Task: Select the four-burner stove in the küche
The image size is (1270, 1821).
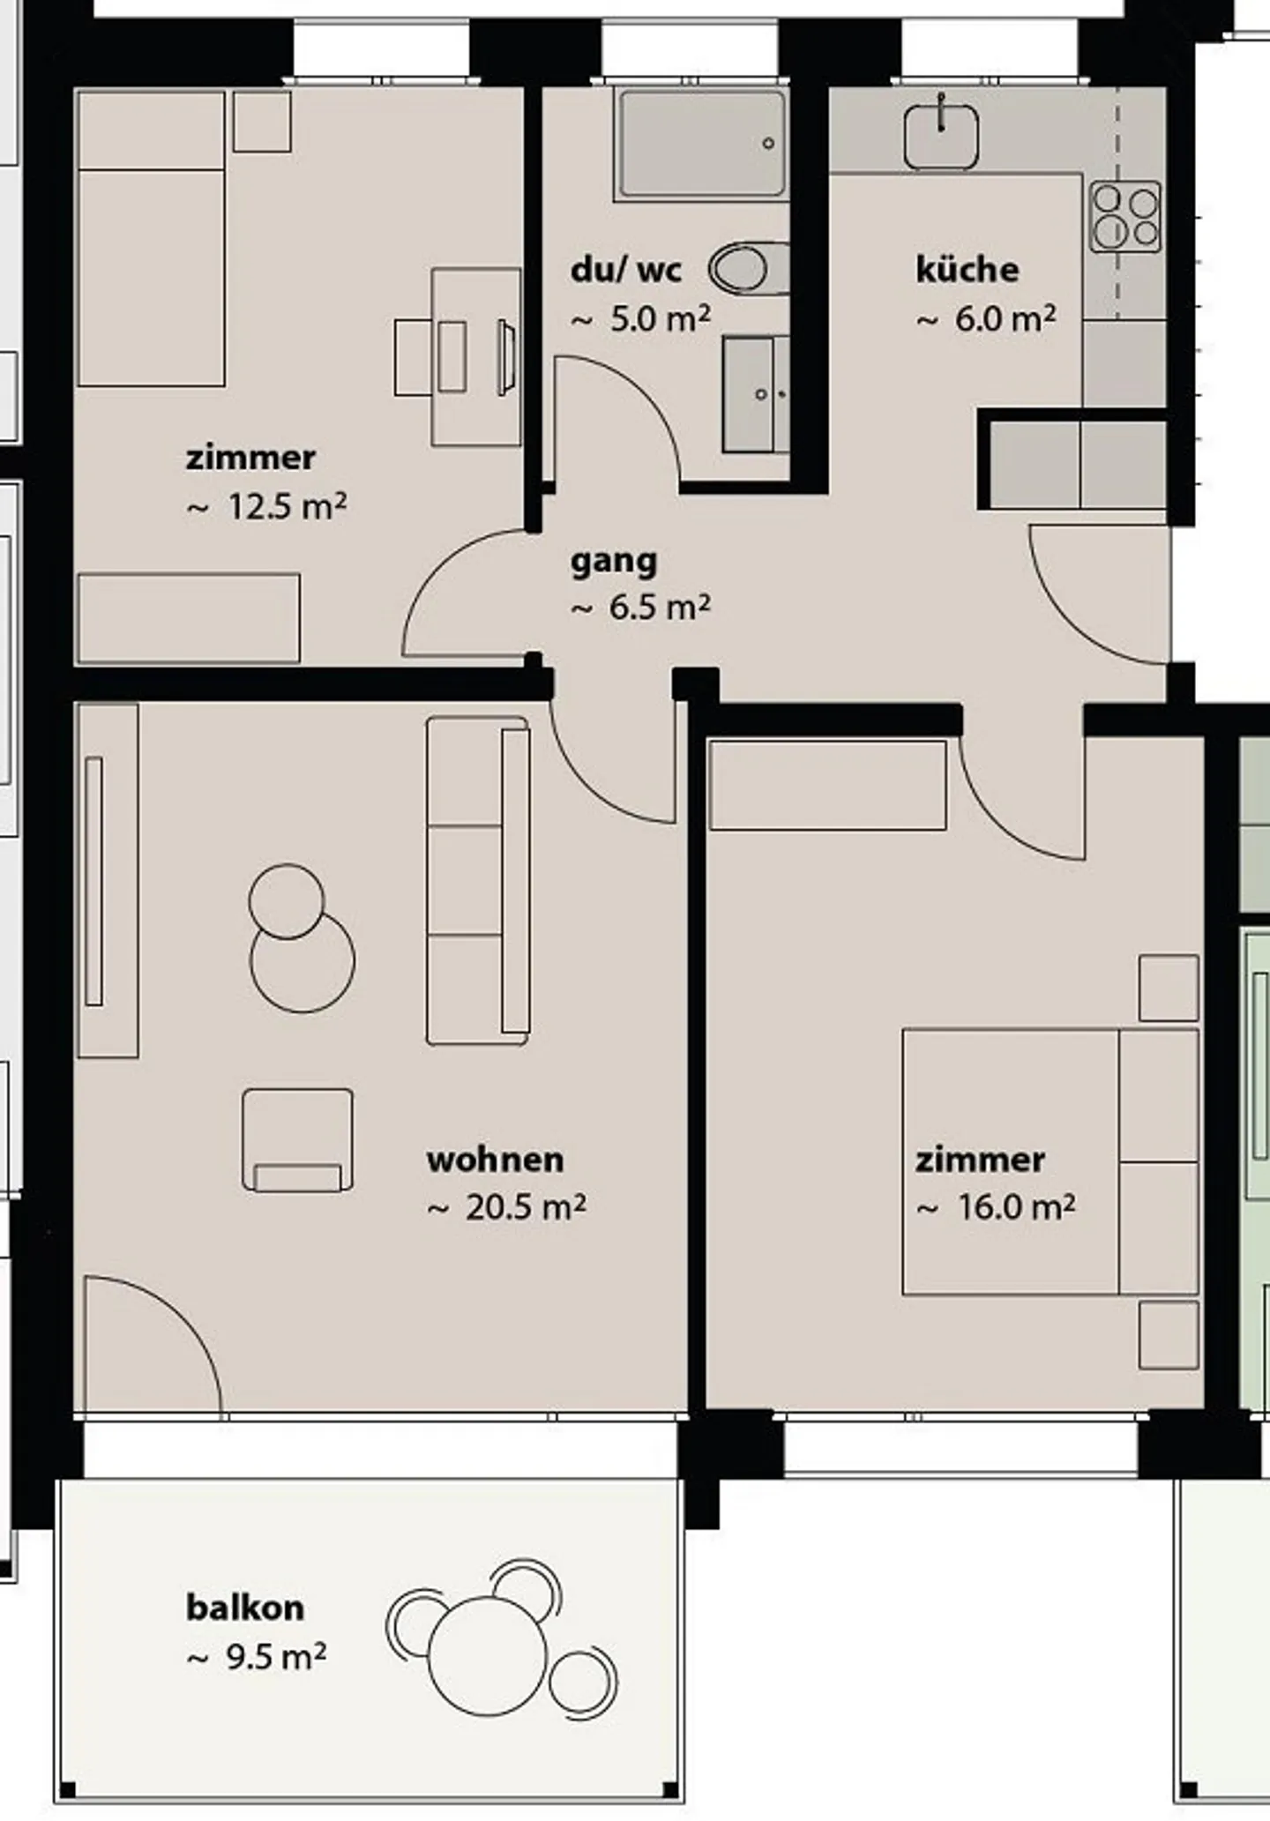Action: click(1124, 216)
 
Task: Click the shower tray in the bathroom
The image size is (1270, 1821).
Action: click(702, 144)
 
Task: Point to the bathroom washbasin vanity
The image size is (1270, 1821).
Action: click(756, 394)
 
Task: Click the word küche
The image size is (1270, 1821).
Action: click(967, 269)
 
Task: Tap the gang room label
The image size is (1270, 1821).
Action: click(614, 562)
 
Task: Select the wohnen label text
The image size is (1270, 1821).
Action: click(495, 1160)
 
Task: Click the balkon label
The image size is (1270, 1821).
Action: click(245, 1608)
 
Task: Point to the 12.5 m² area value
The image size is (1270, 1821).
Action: click(287, 507)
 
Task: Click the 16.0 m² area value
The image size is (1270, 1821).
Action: click(1016, 1207)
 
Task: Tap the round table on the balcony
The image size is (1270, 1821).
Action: click(488, 1656)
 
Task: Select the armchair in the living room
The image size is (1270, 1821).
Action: click(298, 1140)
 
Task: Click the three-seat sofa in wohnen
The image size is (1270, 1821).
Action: click(478, 881)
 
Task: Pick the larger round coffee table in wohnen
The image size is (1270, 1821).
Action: click(303, 960)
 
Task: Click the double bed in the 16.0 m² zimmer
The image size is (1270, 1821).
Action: click(1050, 1161)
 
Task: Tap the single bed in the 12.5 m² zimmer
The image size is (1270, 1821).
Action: click(151, 239)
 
